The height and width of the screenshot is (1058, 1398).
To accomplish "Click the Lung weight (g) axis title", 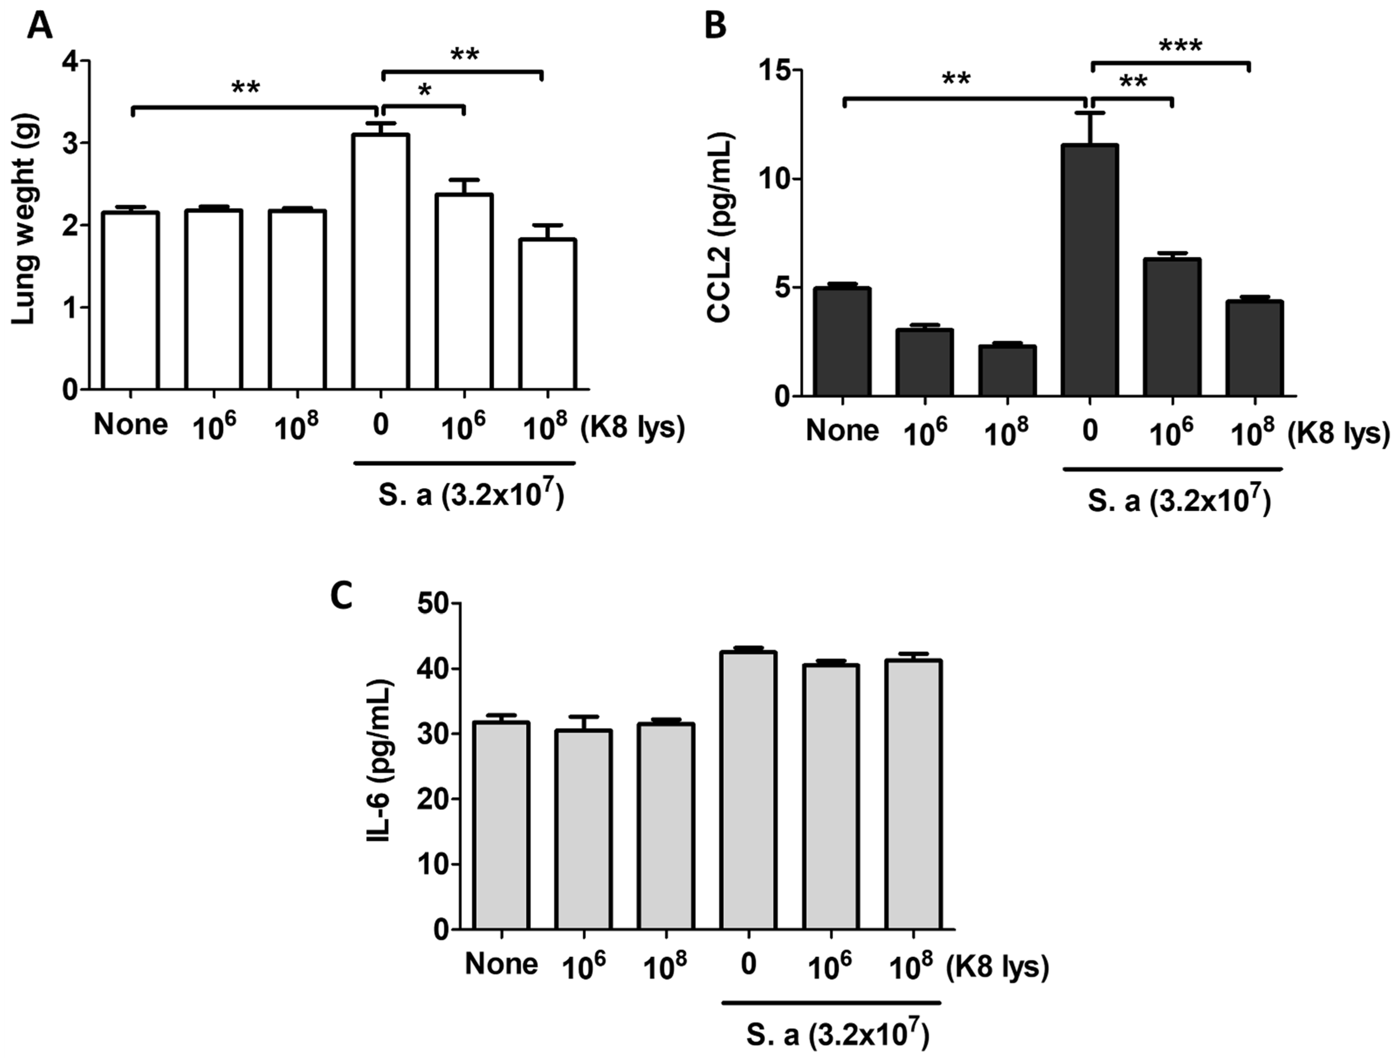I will click(x=24, y=219).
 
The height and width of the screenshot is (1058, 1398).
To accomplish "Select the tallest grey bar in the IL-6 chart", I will click(x=748, y=790).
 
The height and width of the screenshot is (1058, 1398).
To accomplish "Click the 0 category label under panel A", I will click(x=380, y=425).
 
